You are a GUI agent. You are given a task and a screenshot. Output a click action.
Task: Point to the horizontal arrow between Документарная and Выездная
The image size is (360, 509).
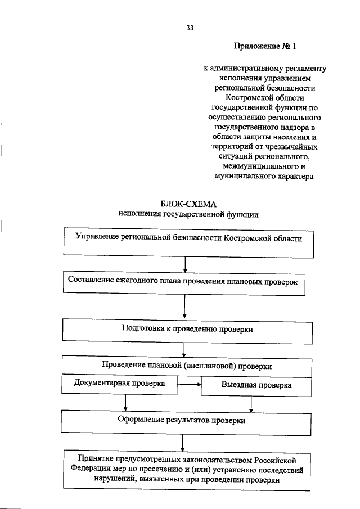click(x=189, y=385)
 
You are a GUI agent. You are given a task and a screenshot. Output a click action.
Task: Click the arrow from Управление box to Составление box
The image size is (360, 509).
click(x=185, y=265)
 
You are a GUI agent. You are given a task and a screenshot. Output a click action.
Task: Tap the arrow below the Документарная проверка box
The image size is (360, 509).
click(x=125, y=402)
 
